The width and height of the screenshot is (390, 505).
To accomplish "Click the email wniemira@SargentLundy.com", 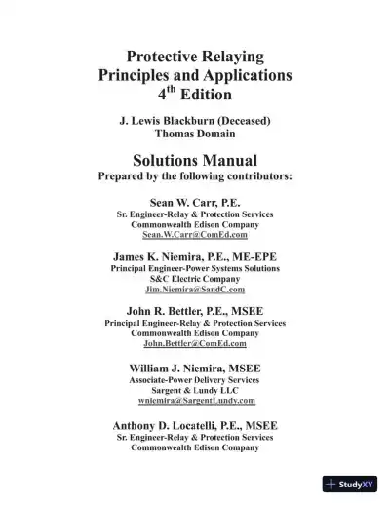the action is pos(195,400).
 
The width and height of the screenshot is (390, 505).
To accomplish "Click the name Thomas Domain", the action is pos(195,134).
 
